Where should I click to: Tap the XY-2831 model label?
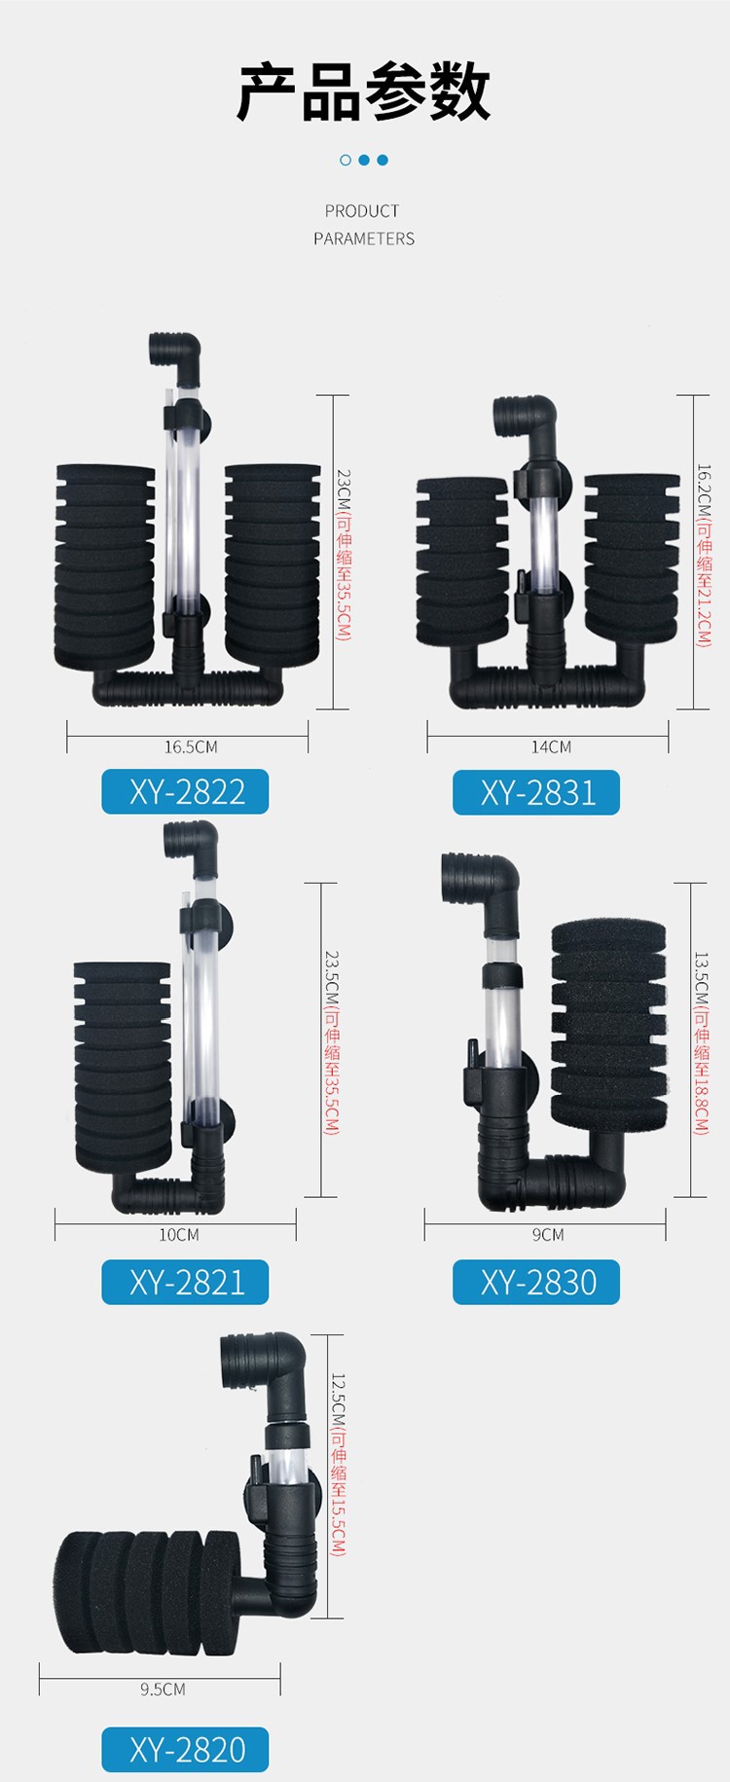(536, 792)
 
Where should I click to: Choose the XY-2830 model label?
(536, 1282)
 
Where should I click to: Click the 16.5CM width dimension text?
(191, 747)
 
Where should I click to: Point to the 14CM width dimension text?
(551, 747)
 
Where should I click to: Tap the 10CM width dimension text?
(179, 1235)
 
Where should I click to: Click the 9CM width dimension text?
(548, 1235)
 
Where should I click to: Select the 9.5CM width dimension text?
(163, 1690)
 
